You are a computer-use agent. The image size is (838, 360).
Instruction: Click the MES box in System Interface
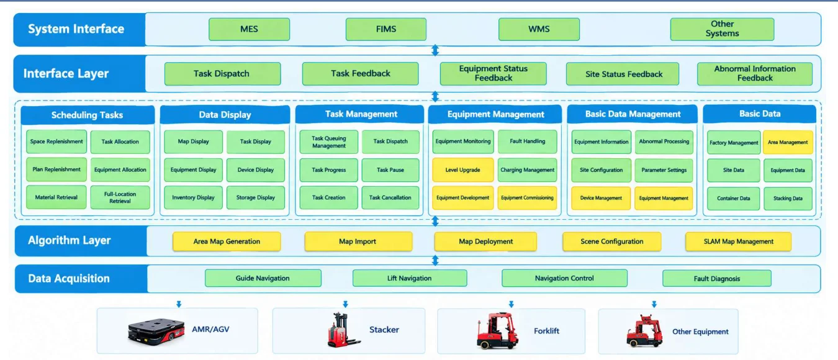pos(249,29)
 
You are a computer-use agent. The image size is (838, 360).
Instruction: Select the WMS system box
pos(539,29)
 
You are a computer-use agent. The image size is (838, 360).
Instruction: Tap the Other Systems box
pos(722,29)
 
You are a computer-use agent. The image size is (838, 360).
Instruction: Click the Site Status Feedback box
pos(623,74)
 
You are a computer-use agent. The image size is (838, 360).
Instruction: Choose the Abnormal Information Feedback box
pos(755,74)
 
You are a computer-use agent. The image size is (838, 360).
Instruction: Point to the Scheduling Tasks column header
pos(88,115)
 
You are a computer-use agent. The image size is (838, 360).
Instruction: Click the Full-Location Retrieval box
pos(120,197)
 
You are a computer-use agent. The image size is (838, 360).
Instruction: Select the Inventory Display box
pos(193,197)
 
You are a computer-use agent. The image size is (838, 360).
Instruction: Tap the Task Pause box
pos(390,170)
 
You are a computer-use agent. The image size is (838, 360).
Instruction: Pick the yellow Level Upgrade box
pos(463,170)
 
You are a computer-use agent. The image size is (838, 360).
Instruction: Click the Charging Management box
pos(527,170)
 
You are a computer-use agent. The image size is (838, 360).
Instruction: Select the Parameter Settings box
pos(664,170)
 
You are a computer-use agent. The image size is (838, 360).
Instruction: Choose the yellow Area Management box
pos(788,142)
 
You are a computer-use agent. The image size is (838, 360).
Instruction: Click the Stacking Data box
pos(788,199)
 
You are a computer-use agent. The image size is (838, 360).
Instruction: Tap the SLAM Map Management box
pos(738,241)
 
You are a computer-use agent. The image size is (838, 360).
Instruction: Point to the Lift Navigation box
pos(409,279)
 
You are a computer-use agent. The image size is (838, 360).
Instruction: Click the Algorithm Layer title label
pos(69,240)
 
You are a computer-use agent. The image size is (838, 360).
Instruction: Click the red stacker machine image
pos(341,330)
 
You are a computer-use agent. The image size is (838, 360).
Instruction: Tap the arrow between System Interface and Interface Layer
pos(435,50)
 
